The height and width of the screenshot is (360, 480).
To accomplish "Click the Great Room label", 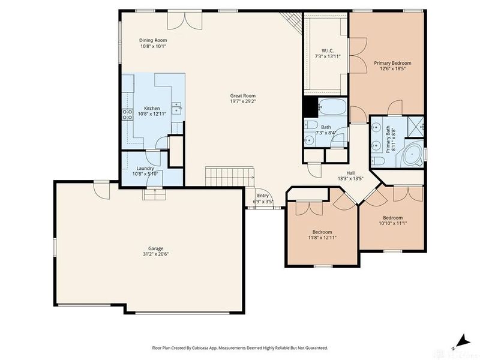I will [243, 95].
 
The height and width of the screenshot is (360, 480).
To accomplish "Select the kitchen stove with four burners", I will [127, 114].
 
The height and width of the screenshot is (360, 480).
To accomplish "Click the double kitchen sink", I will [177, 108].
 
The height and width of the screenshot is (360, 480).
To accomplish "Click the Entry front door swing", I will [267, 202].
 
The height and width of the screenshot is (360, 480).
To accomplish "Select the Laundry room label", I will [145, 168].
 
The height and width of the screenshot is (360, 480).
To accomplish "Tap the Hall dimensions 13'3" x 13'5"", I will [350, 178].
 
